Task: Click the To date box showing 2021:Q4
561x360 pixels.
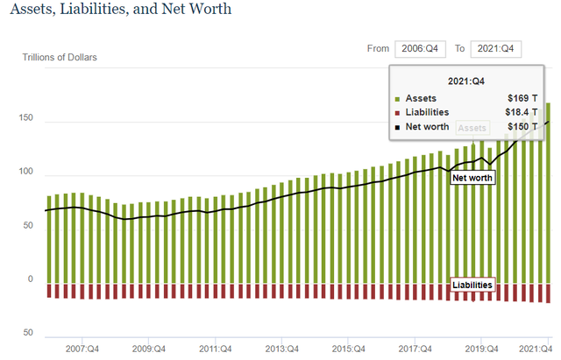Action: pos(496,49)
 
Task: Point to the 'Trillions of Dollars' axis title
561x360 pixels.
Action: pos(60,58)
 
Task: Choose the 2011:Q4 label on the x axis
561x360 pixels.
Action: pos(214,348)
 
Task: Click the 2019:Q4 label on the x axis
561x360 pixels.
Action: pos(480,348)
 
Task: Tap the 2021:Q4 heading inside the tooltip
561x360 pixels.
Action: pos(467,81)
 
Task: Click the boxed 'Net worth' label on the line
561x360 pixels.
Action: pos(472,178)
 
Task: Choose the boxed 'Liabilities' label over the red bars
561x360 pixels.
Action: pos(472,285)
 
